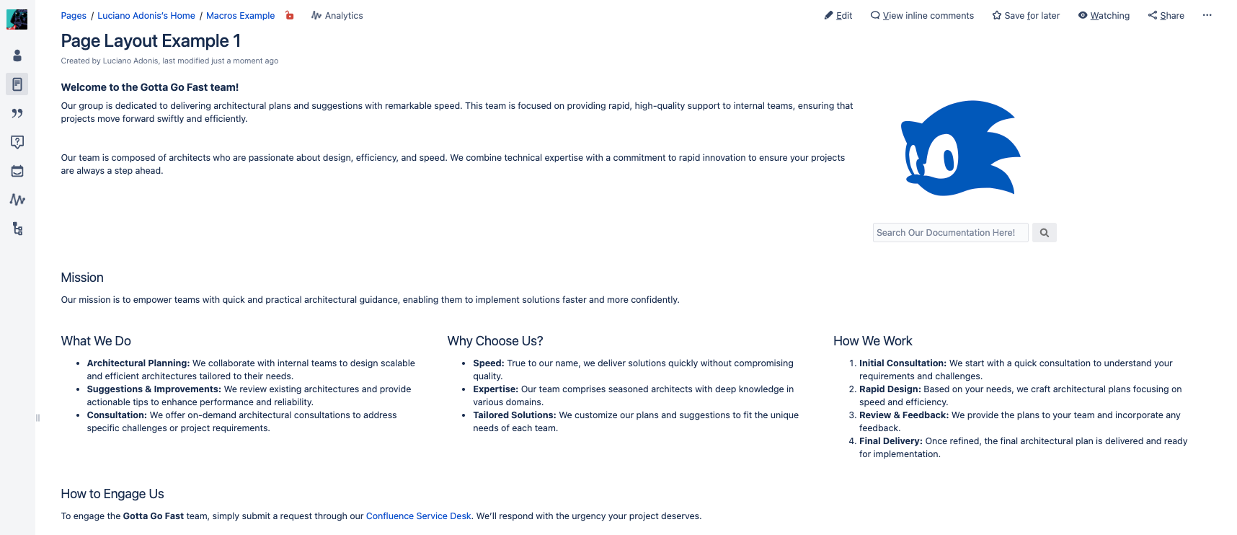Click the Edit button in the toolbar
(838, 15)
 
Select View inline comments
(922, 15)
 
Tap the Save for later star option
(1026, 15)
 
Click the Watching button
(1104, 15)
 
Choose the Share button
(1166, 15)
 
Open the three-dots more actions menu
(1207, 15)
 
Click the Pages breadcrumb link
(74, 15)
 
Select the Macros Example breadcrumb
(240, 15)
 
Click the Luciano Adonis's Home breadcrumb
(146, 15)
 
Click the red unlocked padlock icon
(290, 15)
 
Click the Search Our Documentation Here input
(950, 233)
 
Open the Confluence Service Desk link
(418, 516)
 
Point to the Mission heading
(82, 278)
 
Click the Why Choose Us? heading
(495, 341)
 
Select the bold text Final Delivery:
(890, 441)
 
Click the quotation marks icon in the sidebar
(17, 113)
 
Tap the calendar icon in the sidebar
(17, 171)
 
